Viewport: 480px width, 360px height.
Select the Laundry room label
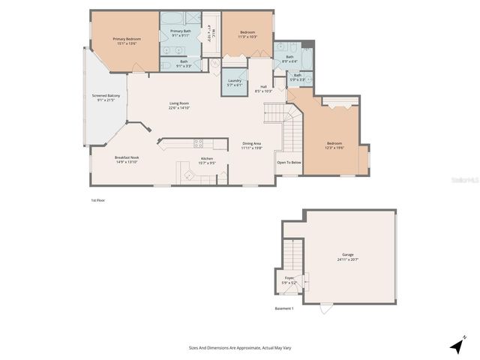[x=234, y=80]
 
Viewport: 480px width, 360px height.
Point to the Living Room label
[x=178, y=104]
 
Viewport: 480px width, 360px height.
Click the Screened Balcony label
[x=105, y=97]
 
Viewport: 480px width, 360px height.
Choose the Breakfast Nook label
[x=126, y=158]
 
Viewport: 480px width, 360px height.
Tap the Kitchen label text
[x=206, y=158]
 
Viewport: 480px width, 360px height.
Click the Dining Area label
[x=251, y=144]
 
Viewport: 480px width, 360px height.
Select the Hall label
[x=263, y=86]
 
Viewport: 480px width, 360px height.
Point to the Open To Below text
[x=289, y=163]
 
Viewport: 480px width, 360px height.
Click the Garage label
[x=348, y=255]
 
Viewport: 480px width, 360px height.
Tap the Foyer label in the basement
[x=289, y=278]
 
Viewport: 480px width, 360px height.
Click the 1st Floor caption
[x=98, y=201]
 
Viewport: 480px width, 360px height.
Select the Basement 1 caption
[x=284, y=308]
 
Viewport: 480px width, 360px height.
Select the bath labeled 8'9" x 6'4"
[x=289, y=57]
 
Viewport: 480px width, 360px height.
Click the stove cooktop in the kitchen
[x=199, y=142]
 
